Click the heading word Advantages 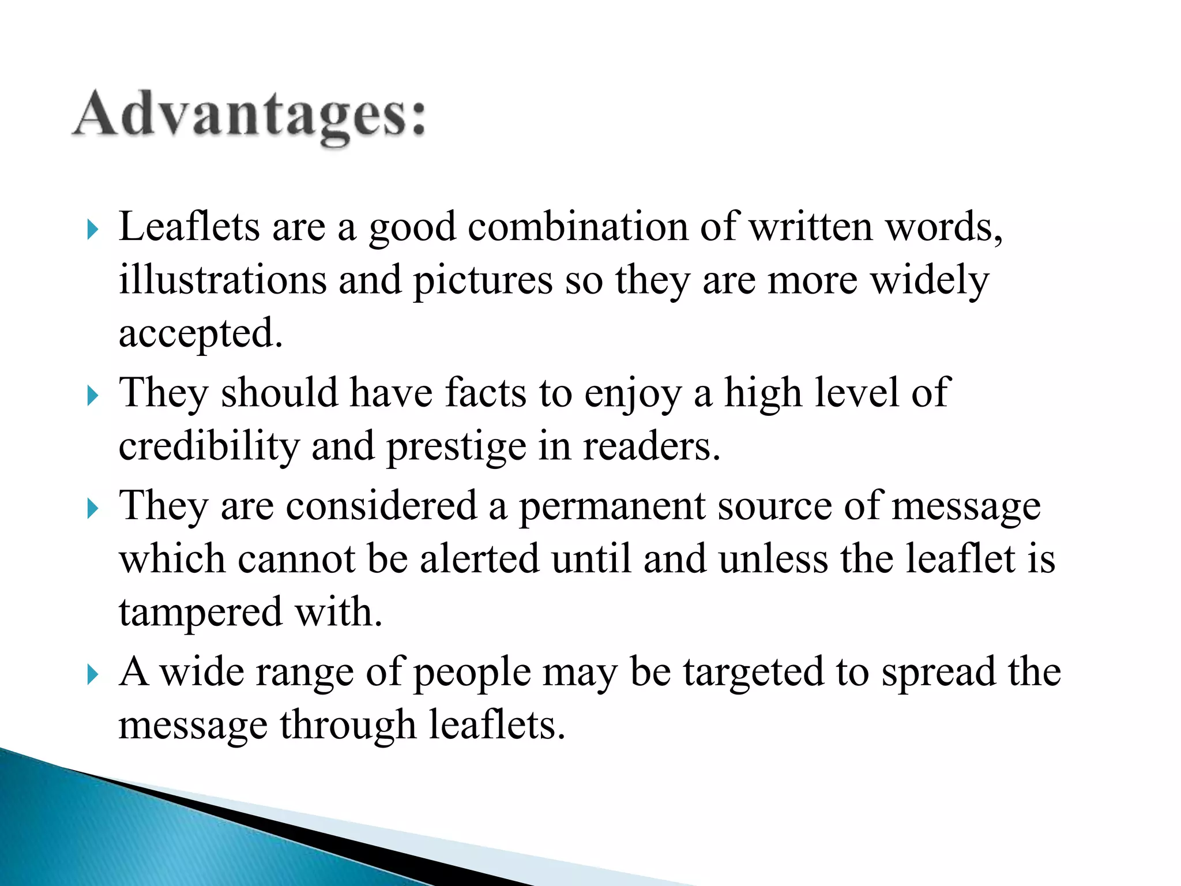pos(249,115)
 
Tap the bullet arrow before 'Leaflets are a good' pos(92,230)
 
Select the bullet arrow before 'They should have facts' pos(92,396)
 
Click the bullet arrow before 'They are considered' pos(92,509)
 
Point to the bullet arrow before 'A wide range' pos(92,674)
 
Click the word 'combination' pos(578,226)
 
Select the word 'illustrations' pos(223,280)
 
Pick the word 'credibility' pos(209,446)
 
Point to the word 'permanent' pos(612,506)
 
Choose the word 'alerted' pos(479,558)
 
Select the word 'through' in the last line pos(348,725)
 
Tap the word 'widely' pos(930,280)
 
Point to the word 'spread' pos(939,673)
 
